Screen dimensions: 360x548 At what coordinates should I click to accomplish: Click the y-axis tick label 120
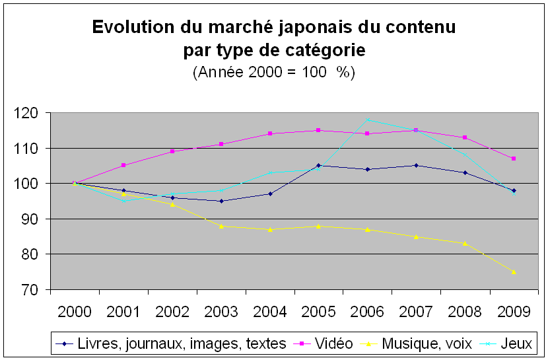pos(30,114)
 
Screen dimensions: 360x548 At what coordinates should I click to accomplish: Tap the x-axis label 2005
pos(318,311)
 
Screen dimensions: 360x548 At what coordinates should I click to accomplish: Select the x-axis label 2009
pos(514,311)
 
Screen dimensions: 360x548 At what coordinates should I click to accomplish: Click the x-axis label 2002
pos(172,311)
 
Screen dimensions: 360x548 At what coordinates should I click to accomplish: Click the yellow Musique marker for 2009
pos(514,271)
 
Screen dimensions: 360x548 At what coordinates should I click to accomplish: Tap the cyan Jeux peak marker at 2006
pos(368,120)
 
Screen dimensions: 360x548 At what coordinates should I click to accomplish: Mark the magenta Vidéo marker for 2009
pos(514,159)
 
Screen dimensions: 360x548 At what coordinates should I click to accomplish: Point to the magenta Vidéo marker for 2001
pos(123,165)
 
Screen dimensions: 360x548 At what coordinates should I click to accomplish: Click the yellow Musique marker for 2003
pos(221,226)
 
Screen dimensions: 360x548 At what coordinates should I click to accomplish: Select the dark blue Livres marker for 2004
pos(270,194)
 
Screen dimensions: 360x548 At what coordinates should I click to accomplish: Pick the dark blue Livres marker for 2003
pos(221,201)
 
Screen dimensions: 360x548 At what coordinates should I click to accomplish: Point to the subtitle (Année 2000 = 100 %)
pos(274,72)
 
